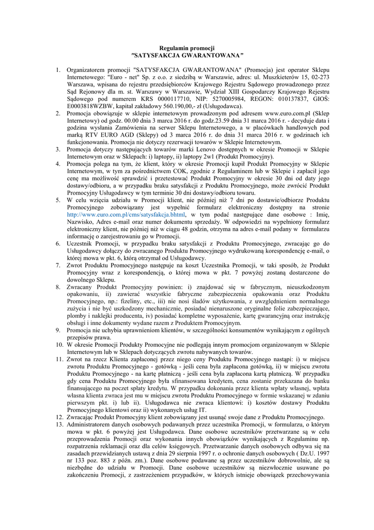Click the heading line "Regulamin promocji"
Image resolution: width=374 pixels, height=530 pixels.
tap(187, 48)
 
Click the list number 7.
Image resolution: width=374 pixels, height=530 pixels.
tap(58, 264)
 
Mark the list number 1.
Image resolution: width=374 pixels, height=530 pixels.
tap(58, 68)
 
